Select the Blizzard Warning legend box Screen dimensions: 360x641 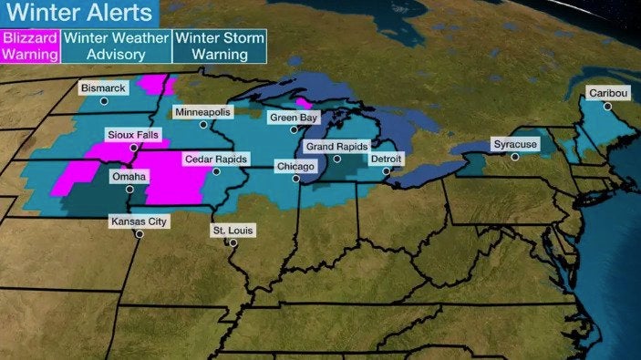pyautogui.click(x=31, y=46)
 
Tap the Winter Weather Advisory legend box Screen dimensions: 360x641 pyautogui.click(x=116, y=46)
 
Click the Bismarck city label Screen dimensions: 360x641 pyautogui.click(x=103, y=88)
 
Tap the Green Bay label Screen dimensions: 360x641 pyautogui.click(x=293, y=117)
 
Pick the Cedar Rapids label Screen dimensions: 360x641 pyautogui.click(x=216, y=159)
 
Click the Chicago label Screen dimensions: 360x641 pyautogui.click(x=296, y=167)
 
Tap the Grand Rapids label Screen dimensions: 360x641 pyautogui.click(x=336, y=146)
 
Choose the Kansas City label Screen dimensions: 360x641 pyautogui.click(x=139, y=221)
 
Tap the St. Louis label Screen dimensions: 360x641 pyautogui.click(x=233, y=230)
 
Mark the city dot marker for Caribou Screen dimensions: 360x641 pyautogui.click(x=608, y=106)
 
